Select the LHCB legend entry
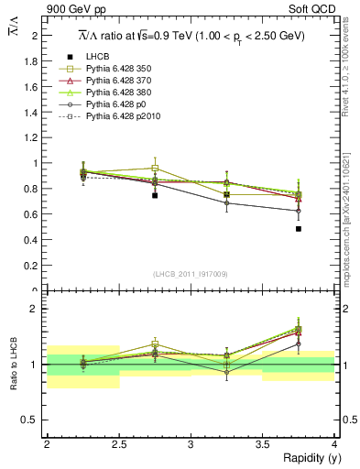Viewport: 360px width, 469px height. [x=97, y=56]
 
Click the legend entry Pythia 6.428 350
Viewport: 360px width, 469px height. [x=119, y=69]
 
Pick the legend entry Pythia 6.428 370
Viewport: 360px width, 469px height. [x=119, y=82]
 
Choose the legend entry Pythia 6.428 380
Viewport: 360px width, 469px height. [x=119, y=93]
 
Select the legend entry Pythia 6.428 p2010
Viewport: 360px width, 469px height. [x=122, y=118]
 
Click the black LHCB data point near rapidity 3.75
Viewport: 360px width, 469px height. [x=299, y=229]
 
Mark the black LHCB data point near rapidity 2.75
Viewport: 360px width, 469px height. [x=155, y=195]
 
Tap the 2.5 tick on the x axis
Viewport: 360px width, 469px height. [x=118, y=444]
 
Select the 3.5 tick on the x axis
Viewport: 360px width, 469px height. [x=263, y=444]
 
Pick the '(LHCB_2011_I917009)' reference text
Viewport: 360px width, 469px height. [x=190, y=273]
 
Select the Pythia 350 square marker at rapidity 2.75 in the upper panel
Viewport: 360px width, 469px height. [x=155, y=169]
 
